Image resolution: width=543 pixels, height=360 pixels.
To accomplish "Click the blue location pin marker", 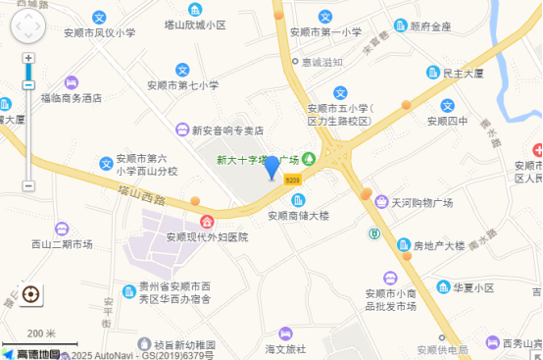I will coord(272,167).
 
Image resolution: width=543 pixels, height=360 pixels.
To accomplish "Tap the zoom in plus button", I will coord(28,58).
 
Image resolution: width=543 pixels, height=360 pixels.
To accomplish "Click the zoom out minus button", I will coord(28,185).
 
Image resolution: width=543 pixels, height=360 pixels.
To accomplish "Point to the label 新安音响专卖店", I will coord(226,130).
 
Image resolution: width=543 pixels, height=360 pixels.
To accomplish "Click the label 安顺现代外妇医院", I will coord(207,236).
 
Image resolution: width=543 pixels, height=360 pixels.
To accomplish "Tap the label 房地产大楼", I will coord(438,245).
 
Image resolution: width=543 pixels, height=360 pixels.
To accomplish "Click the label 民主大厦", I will coord(465,73).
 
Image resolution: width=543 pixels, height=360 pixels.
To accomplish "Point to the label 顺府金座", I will coord(431,26).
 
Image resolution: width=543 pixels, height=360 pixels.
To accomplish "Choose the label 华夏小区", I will coord(472,288).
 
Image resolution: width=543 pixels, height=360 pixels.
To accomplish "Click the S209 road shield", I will coord(292,180).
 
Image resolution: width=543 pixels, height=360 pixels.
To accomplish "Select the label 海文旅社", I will coord(285,348).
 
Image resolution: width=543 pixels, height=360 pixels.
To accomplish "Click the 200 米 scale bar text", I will coord(41,333).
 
